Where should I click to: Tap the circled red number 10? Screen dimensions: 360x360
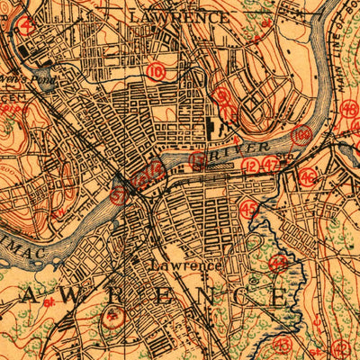click(x=157, y=71)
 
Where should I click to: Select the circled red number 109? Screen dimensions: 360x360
click(x=302, y=135)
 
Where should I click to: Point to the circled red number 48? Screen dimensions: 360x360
click(x=350, y=110)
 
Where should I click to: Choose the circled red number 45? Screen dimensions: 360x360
click(x=250, y=209)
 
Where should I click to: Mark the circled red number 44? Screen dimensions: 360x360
click(x=279, y=263)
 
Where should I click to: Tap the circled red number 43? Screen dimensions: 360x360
click(x=283, y=345)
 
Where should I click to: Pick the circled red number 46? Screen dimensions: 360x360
click(x=308, y=175)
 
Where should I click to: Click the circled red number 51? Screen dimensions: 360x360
click(x=117, y=193)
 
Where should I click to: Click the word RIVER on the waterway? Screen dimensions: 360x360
click(x=254, y=147)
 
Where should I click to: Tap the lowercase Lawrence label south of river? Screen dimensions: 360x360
click(x=185, y=265)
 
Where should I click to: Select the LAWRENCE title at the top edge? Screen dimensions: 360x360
click(x=178, y=16)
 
